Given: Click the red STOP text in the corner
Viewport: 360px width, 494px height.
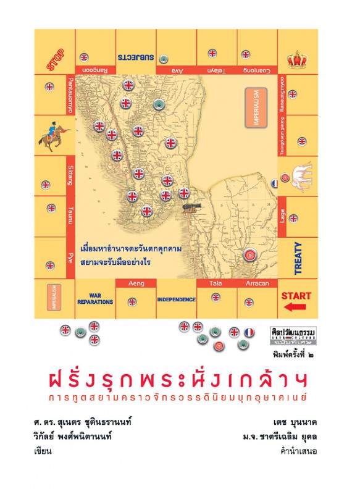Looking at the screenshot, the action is [x=56, y=62].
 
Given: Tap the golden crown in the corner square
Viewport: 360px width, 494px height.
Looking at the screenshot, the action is [x=298, y=61].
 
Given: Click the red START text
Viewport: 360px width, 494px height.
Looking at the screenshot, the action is [x=296, y=296].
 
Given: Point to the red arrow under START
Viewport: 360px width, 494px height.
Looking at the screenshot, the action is [x=299, y=306].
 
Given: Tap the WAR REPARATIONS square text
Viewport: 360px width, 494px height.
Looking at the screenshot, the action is [x=95, y=299].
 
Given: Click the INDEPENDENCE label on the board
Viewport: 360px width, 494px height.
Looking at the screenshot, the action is [x=176, y=299].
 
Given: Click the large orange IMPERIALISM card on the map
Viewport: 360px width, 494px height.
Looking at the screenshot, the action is [x=256, y=109].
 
